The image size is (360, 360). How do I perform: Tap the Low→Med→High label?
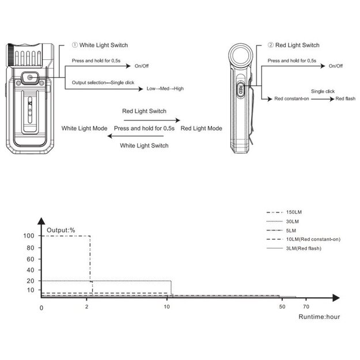165,89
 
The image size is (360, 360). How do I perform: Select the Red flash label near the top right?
346,99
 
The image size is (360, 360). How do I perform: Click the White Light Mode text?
84,128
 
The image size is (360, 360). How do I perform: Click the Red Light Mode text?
202,128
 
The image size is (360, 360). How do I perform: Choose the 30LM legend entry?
292,222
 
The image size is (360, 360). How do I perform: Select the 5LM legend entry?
290,230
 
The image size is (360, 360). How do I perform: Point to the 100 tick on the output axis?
28,236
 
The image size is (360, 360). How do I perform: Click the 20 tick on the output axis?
30,281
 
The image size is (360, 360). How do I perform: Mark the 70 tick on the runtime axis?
306,307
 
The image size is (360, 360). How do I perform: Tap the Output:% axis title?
61,230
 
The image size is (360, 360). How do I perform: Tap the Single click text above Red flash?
323,92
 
